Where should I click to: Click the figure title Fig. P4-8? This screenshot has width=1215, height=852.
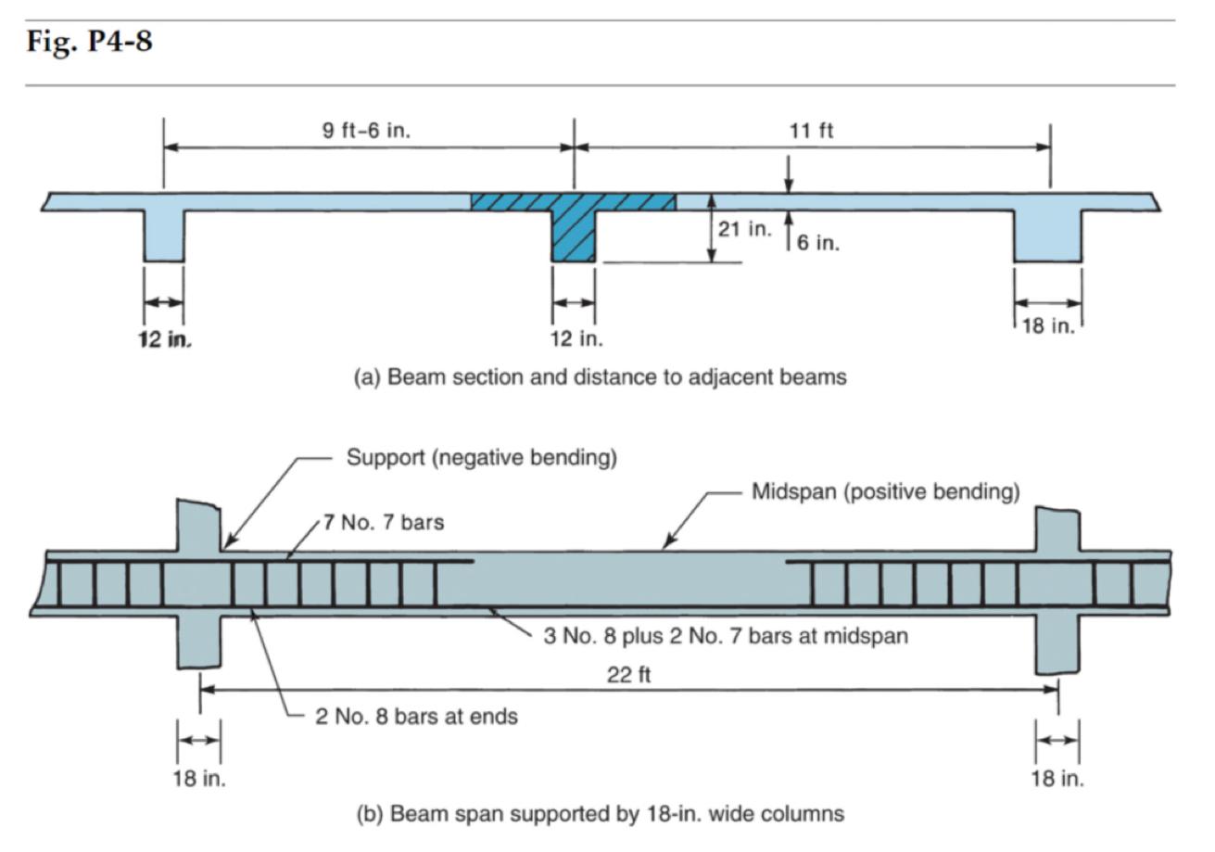coord(90,42)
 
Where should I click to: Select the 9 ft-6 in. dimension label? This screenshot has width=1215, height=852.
coord(366,131)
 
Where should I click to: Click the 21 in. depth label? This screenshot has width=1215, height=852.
coord(743,229)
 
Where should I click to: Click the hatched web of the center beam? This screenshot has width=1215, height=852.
coord(573,236)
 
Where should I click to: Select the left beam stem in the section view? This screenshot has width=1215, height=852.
coord(164,235)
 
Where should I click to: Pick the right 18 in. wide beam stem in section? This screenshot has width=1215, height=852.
coord(1047,235)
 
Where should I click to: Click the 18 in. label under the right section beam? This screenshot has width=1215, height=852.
coord(1047,326)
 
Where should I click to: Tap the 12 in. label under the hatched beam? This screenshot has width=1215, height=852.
coord(576,338)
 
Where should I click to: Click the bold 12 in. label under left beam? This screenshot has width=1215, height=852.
coord(164,339)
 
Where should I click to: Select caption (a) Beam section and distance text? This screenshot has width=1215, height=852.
coord(601,377)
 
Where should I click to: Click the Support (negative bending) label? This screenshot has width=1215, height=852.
coord(481,457)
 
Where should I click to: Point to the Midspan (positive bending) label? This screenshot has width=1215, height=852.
coord(885,491)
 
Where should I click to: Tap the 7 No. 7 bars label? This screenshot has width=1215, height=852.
coord(383,523)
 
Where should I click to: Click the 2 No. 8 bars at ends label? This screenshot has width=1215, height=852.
coord(416,716)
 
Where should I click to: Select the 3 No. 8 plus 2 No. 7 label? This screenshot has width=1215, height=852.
coord(725,636)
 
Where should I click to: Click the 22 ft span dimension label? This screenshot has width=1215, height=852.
coord(628,675)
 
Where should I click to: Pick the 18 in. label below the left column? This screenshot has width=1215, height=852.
coord(199,778)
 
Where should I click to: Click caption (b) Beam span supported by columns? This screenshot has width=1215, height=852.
coord(601,814)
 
